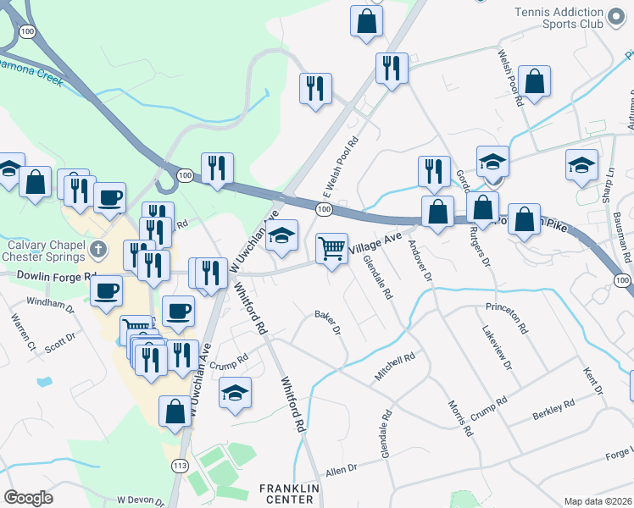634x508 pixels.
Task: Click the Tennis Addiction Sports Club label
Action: pyautogui.click(x=559, y=18)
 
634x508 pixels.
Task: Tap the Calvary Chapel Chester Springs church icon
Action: pyautogui.click(x=99, y=250)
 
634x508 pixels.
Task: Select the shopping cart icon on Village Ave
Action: pyautogui.click(x=331, y=249)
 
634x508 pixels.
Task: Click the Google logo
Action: pyautogui.click(x=28, y=498)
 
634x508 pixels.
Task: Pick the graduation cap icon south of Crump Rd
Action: pyautogui.click(x=236, y=393)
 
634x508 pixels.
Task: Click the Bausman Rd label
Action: pyautogui.click(x=625, y=240)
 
